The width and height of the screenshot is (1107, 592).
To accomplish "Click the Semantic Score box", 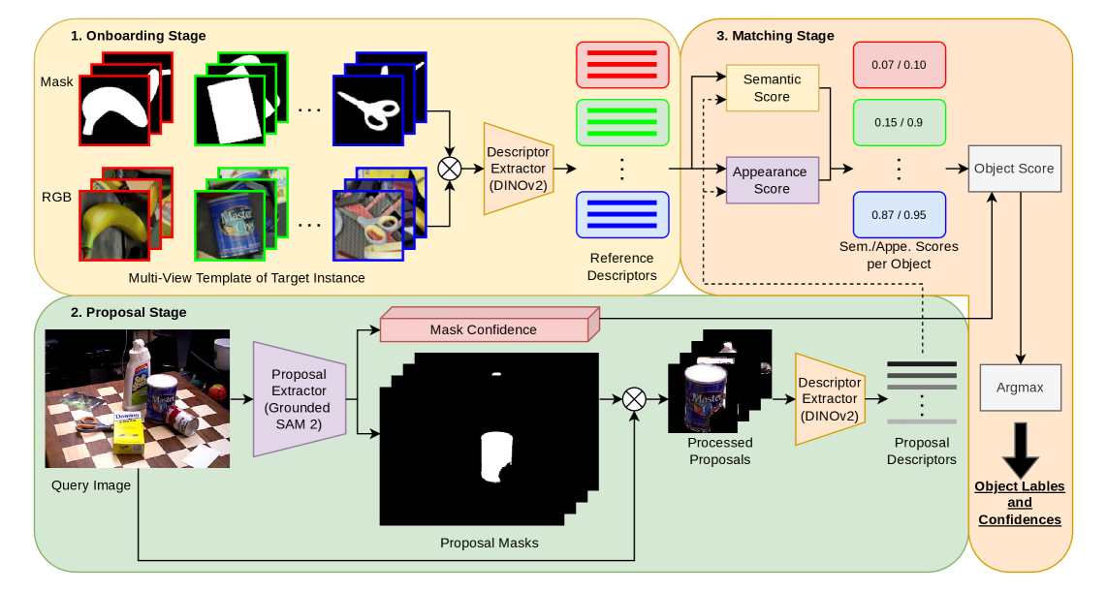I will [x=772, y=88].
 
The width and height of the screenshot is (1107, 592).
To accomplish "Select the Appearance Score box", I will [x=772, y=180].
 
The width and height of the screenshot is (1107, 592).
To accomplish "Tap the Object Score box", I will [x=1014, y=169].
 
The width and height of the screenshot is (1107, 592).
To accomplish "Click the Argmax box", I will [x=1020, y=387].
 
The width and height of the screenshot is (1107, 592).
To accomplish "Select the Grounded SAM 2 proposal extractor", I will [x=300, y=398].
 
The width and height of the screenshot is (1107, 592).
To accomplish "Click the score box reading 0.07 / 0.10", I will [x=899, y=65].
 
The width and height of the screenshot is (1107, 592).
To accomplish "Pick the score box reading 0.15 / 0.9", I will [x=899, y=123].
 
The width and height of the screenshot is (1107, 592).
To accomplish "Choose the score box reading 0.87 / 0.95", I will [x=899, y=215].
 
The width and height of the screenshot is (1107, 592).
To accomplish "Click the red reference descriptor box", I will [x=621, y=66].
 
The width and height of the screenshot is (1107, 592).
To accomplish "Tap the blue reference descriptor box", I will [x=621, y=214].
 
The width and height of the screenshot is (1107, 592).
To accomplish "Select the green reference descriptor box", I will [x=621, y=123].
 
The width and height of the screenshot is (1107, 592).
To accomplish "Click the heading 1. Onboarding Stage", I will [x=139, y=36].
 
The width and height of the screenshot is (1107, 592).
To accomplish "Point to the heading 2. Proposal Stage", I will [x=128, y=312].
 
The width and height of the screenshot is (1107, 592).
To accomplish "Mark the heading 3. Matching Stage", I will [x=775, y=36].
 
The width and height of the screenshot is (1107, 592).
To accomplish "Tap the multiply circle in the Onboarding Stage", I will [x=450, y=168].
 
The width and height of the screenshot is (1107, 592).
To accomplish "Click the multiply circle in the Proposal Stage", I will [x=634, y=398].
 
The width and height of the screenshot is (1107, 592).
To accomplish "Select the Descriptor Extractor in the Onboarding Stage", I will [x=518, y=168].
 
